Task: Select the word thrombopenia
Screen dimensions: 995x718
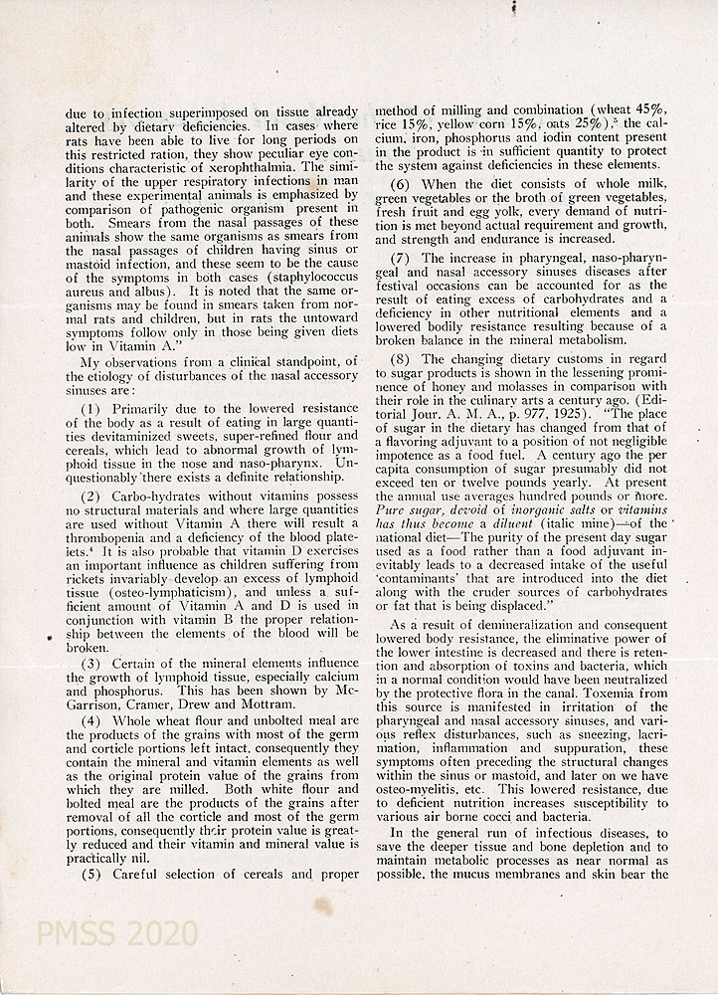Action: click(x=104, y=535)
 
